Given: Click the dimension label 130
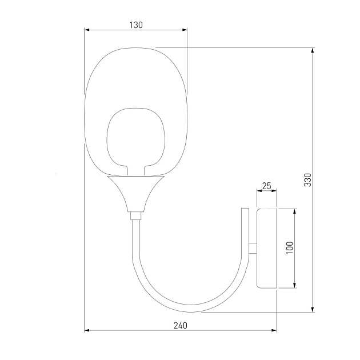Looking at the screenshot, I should [x=136, y=25].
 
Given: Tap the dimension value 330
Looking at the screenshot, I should [x=307, y=179].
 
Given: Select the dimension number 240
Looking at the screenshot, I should [x=179, y=325].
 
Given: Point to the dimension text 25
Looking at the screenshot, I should [x=266, y=186].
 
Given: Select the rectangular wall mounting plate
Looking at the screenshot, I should [x=266, y=248].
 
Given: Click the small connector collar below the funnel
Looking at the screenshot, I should [x=135, y=215].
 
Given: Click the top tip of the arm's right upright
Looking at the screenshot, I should [x=245, y=209].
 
